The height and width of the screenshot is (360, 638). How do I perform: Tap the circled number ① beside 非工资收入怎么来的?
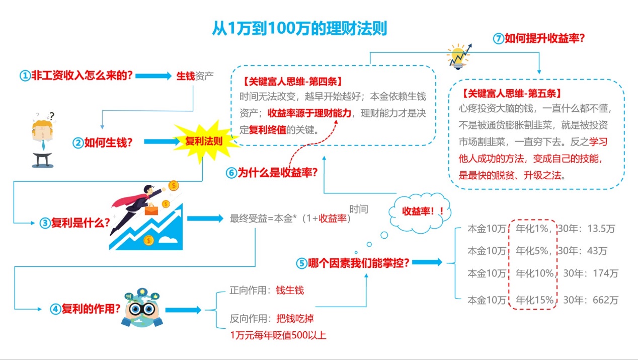25,76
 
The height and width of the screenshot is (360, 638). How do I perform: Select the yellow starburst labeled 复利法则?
204,141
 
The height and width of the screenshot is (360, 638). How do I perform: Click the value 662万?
606,300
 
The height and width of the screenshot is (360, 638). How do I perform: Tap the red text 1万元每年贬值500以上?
278,335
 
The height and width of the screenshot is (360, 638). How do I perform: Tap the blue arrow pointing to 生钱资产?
153,76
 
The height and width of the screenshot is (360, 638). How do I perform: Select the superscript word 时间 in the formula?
359,209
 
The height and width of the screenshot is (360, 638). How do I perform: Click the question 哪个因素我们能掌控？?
358,262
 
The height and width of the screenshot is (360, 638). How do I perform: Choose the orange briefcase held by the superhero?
151,209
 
